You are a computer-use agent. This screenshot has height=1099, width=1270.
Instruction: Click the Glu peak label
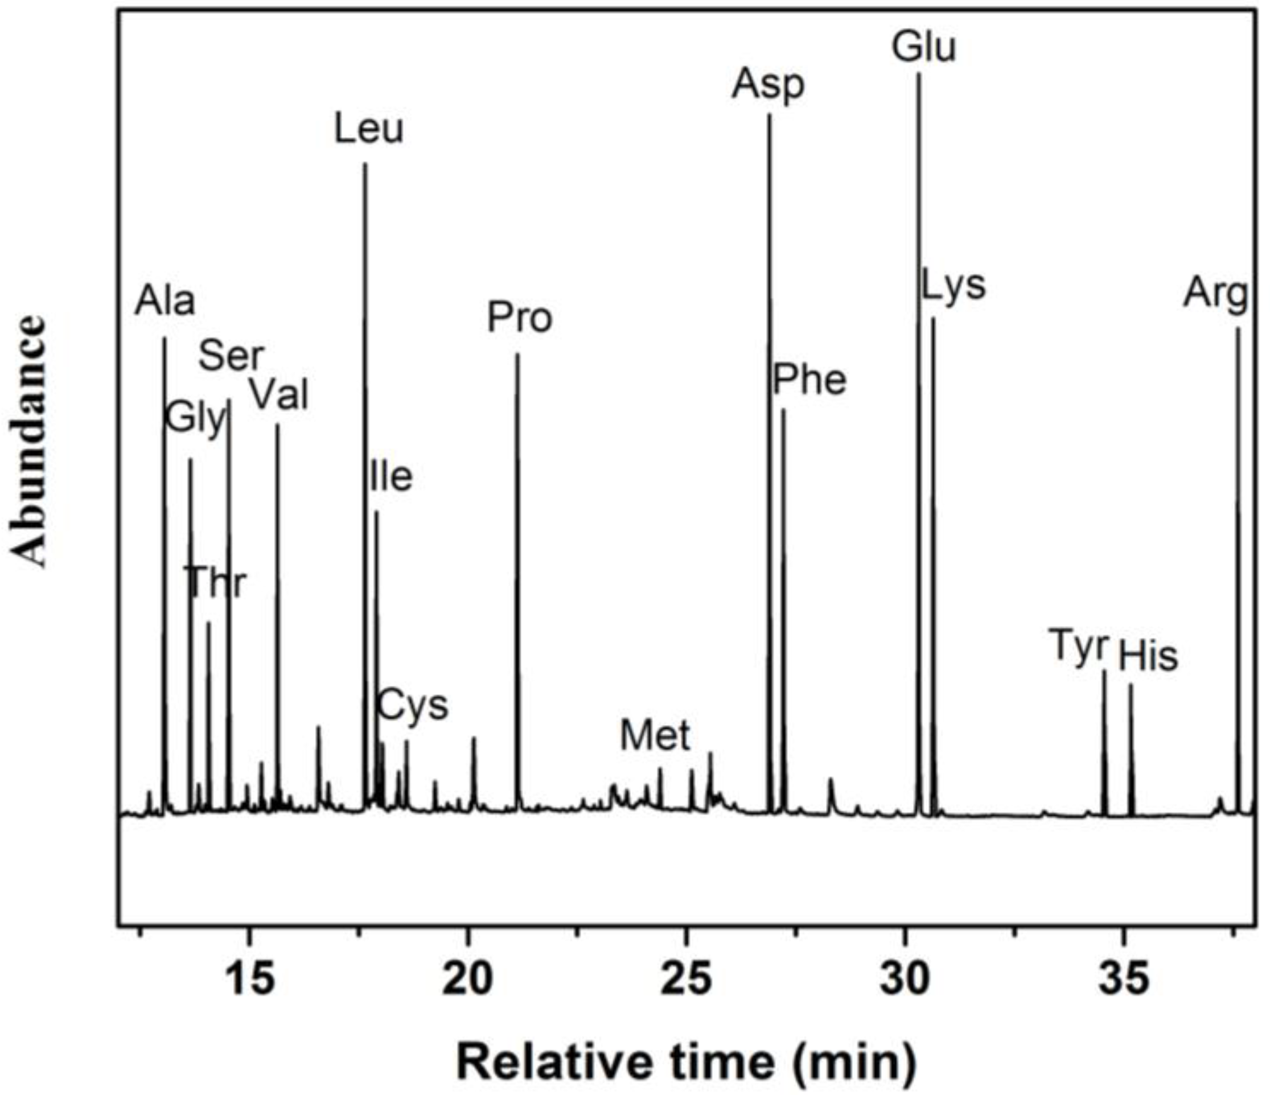click(923, 48)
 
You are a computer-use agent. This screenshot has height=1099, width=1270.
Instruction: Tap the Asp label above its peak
click(767, 85)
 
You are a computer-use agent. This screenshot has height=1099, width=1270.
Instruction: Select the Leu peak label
click(369, 129)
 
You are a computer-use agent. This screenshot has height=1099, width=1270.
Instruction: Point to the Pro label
click(519, 318)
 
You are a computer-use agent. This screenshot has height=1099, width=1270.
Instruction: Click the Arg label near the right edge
click(1215, 294)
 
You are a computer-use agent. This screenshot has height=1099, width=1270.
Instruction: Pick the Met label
click(655, 735)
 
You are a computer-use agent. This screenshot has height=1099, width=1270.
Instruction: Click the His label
click(1148, 657)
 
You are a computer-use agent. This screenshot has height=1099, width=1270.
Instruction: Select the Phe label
click(809, 380)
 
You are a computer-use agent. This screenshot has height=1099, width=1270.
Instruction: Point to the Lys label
click(953, 286)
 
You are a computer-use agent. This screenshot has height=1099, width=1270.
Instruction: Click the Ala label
click(165, 301)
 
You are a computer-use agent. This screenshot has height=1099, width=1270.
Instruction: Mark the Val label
click(279, 394)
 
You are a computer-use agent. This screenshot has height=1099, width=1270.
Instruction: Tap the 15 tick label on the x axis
click(248, 979)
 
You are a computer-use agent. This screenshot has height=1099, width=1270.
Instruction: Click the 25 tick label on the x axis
click(687, 979)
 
